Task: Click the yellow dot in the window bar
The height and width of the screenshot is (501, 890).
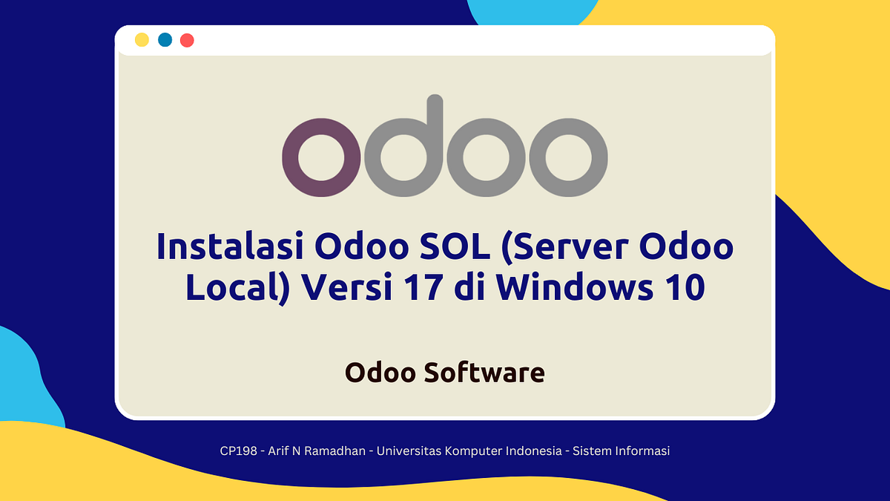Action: pos(142,40)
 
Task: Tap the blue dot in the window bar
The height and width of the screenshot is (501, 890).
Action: pos(165,40)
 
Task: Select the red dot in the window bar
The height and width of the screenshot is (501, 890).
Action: pos(187,40)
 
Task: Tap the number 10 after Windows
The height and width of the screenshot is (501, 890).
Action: pos(682,287)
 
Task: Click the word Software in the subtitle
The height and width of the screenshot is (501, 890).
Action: pos(485,373)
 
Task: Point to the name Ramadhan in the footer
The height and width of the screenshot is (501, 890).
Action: pos(338,451)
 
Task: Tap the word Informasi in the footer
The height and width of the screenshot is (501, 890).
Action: pos(642,451)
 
